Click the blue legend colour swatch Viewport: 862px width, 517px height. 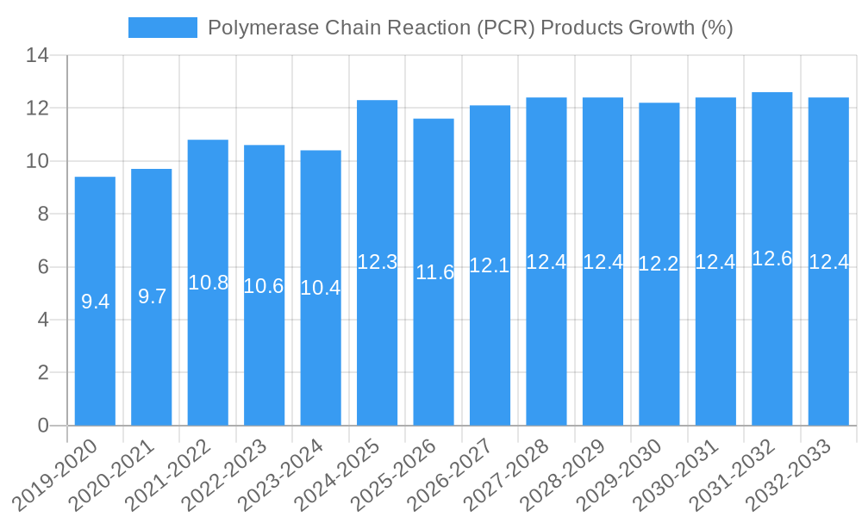coord(162,28)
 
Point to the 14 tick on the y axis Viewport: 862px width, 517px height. coord(37,56)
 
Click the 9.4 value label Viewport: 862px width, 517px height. coord(95,302)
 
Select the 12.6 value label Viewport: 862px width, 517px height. coord(771,258)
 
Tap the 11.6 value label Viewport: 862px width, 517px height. coord(434,273)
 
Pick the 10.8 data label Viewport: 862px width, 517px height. coord(208,283)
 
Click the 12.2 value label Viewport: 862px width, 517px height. coord(659,265)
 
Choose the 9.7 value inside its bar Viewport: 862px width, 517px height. coord(152,297)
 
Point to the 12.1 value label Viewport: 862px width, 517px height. coord(490,266)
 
